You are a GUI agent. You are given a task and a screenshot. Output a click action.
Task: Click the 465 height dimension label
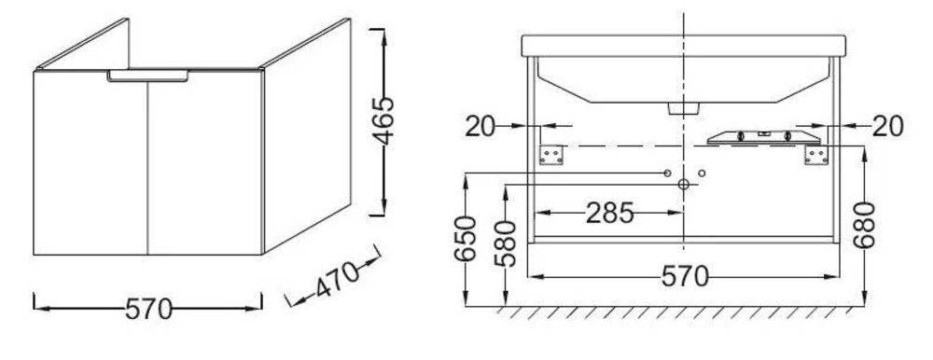pos(383,121)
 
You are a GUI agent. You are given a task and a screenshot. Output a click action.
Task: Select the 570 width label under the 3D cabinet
pos(148,310)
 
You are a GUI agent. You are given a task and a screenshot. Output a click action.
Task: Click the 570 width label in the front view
pos(686,277)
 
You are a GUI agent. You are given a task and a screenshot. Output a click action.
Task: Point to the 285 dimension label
pos(610,213)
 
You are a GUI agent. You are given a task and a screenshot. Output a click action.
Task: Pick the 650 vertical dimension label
pos(466,239)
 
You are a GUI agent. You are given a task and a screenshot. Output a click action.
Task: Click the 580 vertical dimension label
pos(505,243)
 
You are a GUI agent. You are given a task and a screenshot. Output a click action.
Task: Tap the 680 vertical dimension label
pos(864,225)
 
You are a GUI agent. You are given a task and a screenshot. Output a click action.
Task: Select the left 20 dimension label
pos(480,126)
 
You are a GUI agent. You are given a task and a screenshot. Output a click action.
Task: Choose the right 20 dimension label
pos(888,126)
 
